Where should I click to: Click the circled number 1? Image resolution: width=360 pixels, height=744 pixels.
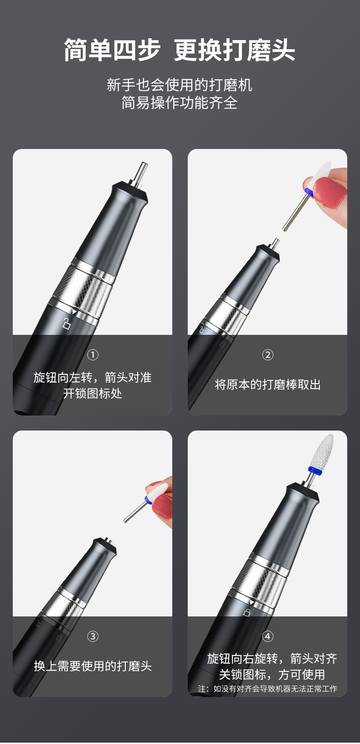93,355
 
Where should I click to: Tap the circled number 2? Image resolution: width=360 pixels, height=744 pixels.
267,355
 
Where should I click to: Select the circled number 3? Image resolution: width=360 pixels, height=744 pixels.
93,636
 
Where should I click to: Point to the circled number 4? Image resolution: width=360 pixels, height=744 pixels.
267,636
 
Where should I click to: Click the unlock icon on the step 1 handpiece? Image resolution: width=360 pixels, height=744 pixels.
67,323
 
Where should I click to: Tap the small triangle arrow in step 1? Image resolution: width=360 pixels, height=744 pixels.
74,312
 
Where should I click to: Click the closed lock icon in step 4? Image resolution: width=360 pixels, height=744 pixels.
247,612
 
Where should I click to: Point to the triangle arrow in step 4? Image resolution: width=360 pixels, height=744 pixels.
252,603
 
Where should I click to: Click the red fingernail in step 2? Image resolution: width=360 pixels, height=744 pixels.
329,192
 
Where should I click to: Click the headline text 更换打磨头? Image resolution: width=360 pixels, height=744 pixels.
235,50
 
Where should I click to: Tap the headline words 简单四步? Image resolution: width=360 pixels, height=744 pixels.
112,50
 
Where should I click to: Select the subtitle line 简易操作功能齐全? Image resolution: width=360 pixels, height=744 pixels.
180,103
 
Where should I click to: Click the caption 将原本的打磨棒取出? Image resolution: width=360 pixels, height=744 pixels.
267,385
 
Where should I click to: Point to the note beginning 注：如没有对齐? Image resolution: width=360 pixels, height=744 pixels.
267,688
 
